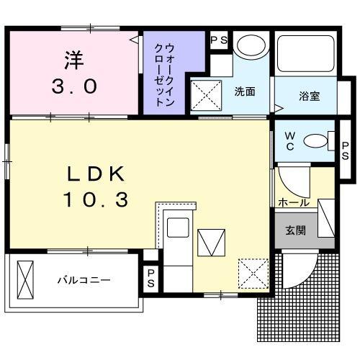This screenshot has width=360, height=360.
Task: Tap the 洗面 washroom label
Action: tap(245, 91)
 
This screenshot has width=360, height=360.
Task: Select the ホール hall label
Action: tap(294, 203)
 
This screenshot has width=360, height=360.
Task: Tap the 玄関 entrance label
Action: tap(294, 231)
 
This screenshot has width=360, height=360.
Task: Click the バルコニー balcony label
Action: tap(84, 279)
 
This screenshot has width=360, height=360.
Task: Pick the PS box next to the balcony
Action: tap(150, 278)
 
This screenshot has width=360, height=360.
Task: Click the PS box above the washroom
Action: tap(219, 40)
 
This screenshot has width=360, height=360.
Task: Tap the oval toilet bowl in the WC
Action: tap(315, 141)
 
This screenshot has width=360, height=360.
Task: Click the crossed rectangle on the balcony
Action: tap(26, 277)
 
